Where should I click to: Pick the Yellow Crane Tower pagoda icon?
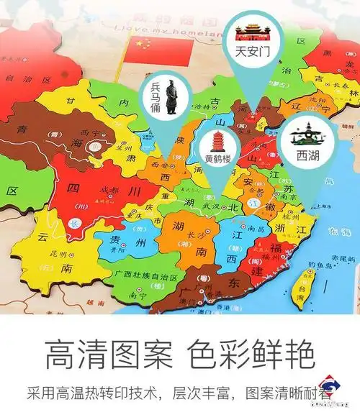(x=216, y=140)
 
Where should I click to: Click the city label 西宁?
(x=90, y=133)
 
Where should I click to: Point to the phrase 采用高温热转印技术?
(x=92, y=393)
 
